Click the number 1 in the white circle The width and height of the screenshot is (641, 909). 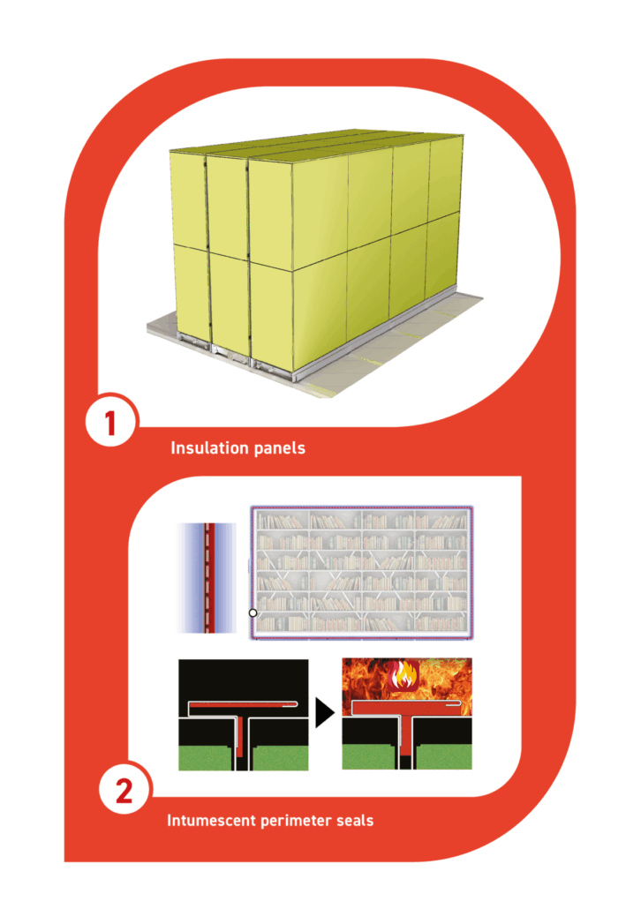click(110, 424)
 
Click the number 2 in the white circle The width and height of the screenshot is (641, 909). click(124, 791)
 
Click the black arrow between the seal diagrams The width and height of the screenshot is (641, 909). click(325, 712)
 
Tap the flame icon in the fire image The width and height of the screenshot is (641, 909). click(404, 675)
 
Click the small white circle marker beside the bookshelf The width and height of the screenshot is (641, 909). click(253, 612)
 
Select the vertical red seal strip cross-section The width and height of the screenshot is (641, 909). click(210, 577)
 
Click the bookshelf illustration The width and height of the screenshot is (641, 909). click(362, 573)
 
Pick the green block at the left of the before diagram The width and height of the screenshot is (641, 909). click(207, 758)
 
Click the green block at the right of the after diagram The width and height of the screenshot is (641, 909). click(444, 757)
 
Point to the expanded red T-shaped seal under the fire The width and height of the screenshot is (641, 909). click(407, 719)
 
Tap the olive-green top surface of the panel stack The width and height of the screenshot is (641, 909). click(316, 143)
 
